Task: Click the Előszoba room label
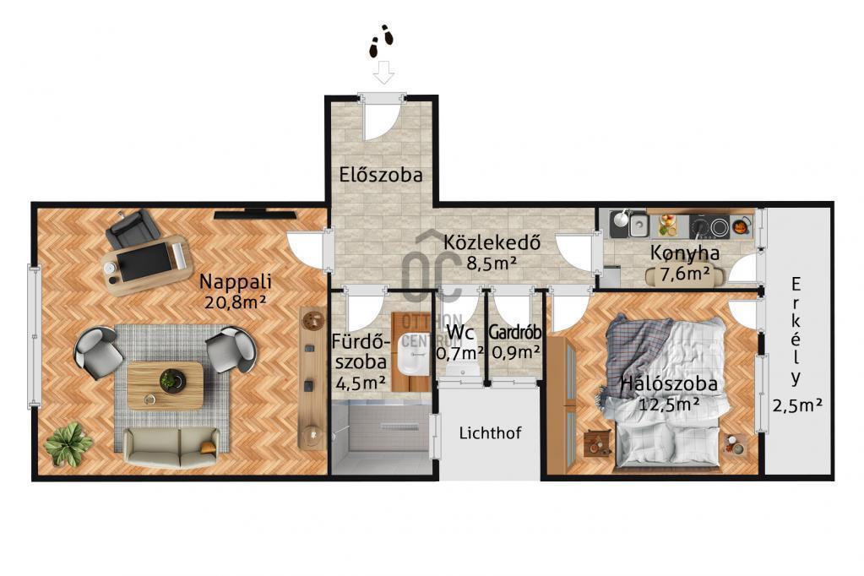[x=381, y=175]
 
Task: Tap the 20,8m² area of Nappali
[x=236, y=302]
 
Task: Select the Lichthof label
[x=490, y=432]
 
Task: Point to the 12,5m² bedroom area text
[x=669, y=404]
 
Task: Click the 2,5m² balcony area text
[x=797, y=405]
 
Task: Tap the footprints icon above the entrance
[x=381, y=41]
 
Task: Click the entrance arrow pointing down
[x=383, y=72]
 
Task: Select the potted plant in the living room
[x=68, y=444]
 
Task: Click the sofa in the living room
[x=171, y=447]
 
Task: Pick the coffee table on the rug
[x=165, y=385]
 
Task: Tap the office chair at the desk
[x=133, y=228]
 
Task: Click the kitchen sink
[x=638, y=225]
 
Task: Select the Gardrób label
[x=515, y=333]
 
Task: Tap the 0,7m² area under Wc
[x=460, y=351]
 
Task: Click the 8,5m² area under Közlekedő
[x=492, y=263]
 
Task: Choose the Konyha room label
[x=685, y=253]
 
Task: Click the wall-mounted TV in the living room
[x=254, y=215]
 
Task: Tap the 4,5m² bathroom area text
[x=361, y=382]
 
